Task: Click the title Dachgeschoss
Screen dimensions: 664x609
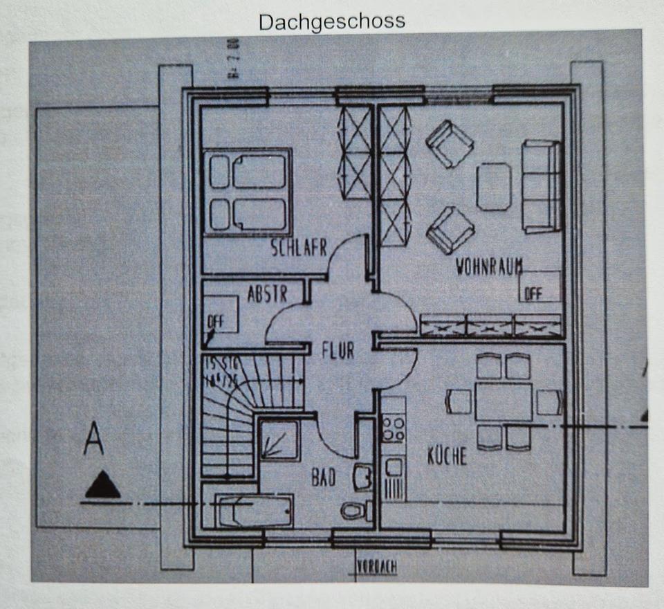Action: pyautogui.click(x=331, y=21)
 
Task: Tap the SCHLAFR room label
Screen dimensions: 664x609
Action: pyautogui.click(x=298, y=248)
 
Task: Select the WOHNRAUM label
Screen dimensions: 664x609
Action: pyautogui.click(x=488, y=266)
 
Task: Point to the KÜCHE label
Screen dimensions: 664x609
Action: pyautogui.click(x=446, y=456)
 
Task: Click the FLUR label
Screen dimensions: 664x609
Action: pyautogui.click(x=338, y=350)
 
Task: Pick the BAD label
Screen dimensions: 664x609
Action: pyautogui.click(x=323, y=477)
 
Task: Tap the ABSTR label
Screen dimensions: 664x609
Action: pyautogui.click(x=267, y=294)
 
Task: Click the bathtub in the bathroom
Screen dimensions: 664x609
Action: pyautogui.click(x=253, y=511)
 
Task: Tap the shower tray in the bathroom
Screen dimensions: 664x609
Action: pyautogui.click(x=279, y=440)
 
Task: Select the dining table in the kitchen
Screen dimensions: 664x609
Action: pyautogui.click(x=504, y=401)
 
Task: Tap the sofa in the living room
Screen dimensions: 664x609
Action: pyautogui.click(x=541, y=185)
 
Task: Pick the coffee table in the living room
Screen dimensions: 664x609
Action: pyautogui.click(x=494, y=186)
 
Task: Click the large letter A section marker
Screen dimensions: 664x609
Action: pyautogui.click(x=93, y=439)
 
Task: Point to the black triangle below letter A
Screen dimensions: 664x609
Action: pyautogui.click(x=102, y=485)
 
